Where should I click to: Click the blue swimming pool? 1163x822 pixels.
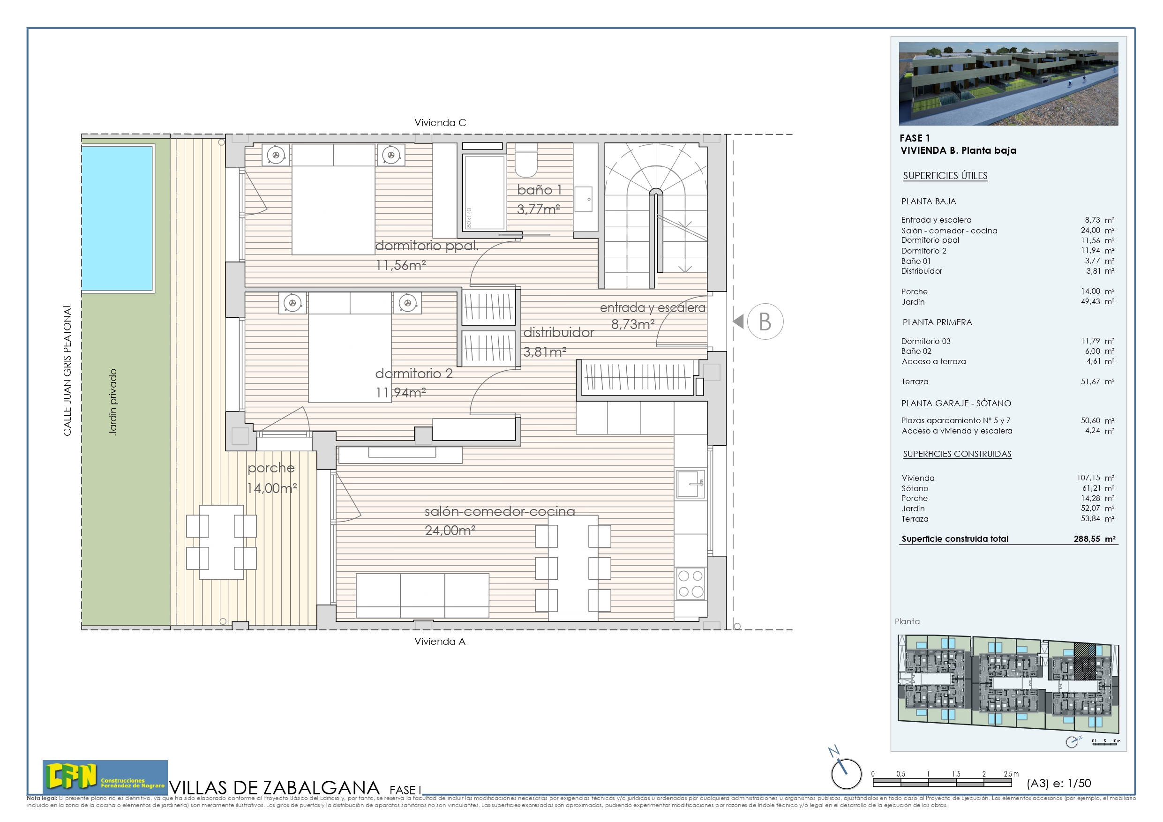117,218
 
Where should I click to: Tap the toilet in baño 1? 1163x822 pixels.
526,161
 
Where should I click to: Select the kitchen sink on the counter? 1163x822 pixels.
690,484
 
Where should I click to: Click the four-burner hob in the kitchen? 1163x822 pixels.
690,583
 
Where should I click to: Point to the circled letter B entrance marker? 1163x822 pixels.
765,321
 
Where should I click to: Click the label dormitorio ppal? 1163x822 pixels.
427,246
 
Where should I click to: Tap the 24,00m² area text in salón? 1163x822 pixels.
450,531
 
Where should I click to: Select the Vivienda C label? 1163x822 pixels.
440,123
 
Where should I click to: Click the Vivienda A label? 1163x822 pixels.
440,641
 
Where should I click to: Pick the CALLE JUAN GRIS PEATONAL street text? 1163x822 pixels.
67,369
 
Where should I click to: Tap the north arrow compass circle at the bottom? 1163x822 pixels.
846,773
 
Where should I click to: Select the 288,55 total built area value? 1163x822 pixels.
1087,539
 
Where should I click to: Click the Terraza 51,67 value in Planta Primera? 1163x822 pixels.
1090,381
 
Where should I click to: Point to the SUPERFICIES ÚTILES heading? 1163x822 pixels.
945,176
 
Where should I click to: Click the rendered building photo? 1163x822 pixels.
1008,83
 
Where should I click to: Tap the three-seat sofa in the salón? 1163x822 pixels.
422,596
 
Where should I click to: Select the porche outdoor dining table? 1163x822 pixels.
221,542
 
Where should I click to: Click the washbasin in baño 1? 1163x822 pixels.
583,200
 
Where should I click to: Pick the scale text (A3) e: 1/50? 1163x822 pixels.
1058,783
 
